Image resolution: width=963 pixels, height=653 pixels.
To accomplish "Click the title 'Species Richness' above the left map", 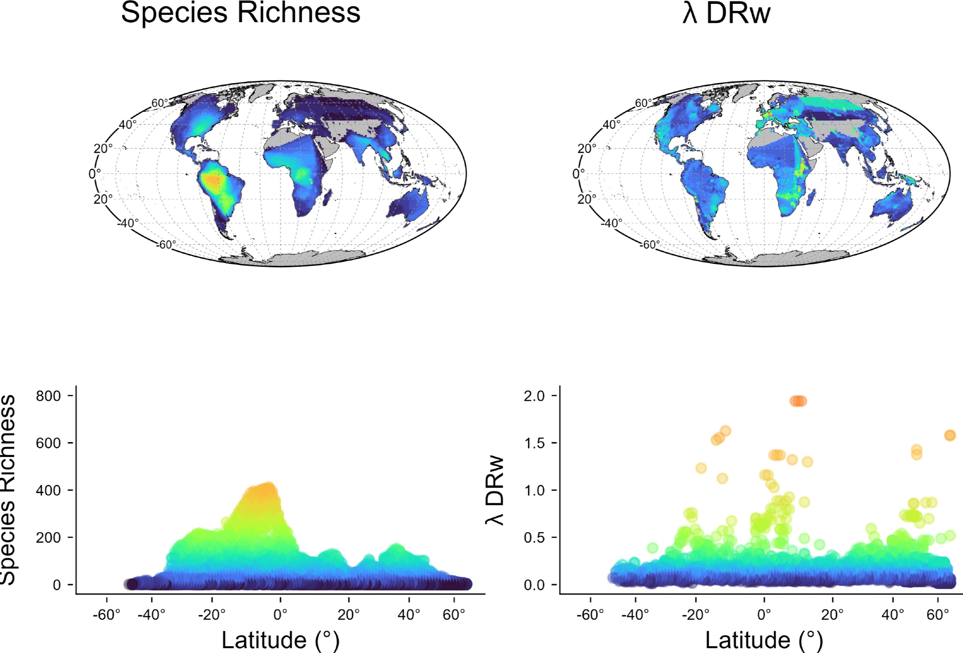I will click(x=240, y=13).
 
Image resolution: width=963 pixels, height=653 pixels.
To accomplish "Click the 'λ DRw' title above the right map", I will click(x=726, y=13).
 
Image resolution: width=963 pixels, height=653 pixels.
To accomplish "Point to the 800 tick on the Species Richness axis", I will click(x=49, y=396).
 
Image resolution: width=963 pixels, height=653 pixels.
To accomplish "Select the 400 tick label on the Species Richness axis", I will click(x=49, y=490).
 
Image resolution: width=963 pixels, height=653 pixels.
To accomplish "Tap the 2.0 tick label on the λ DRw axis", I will click(x=534, y=396).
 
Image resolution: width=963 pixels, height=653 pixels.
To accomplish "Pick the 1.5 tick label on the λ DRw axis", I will click(x=534, y=443).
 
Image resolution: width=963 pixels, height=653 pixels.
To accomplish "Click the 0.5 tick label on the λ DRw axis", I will click(x=534, y=537).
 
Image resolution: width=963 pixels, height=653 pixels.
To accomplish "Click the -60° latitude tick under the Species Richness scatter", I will click(x=106, y=615).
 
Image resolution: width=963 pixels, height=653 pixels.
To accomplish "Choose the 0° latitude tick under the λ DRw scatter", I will click(x=764, y=615).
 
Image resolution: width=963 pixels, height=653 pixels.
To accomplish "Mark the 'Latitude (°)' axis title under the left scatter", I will click(x=280, y=640).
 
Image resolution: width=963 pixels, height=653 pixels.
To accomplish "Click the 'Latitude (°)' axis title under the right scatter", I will click(x=764, y=640).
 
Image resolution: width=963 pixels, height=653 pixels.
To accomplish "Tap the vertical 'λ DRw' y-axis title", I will click(x=495, y=490).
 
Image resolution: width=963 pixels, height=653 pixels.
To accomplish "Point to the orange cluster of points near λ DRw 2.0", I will click(x=798, y=401).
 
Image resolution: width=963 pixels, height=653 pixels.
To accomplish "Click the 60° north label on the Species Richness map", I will click(x=159, y=103).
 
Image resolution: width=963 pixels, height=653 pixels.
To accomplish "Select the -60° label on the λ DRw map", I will click(x=649, y=245).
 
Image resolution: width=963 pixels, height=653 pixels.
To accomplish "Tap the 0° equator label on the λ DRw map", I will click(x=578, y=173).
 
